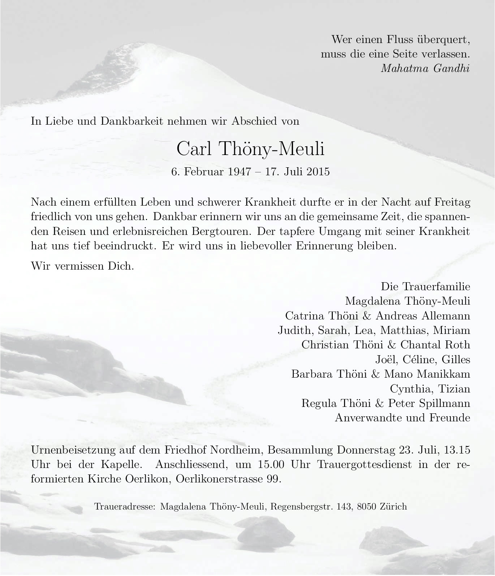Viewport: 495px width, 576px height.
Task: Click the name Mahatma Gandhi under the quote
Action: click(425, 68)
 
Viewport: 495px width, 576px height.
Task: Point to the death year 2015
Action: click(318, 171)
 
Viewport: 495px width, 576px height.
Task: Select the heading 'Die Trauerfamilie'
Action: click(425, 287)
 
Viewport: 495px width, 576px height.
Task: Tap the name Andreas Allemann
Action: click(423, 315)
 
